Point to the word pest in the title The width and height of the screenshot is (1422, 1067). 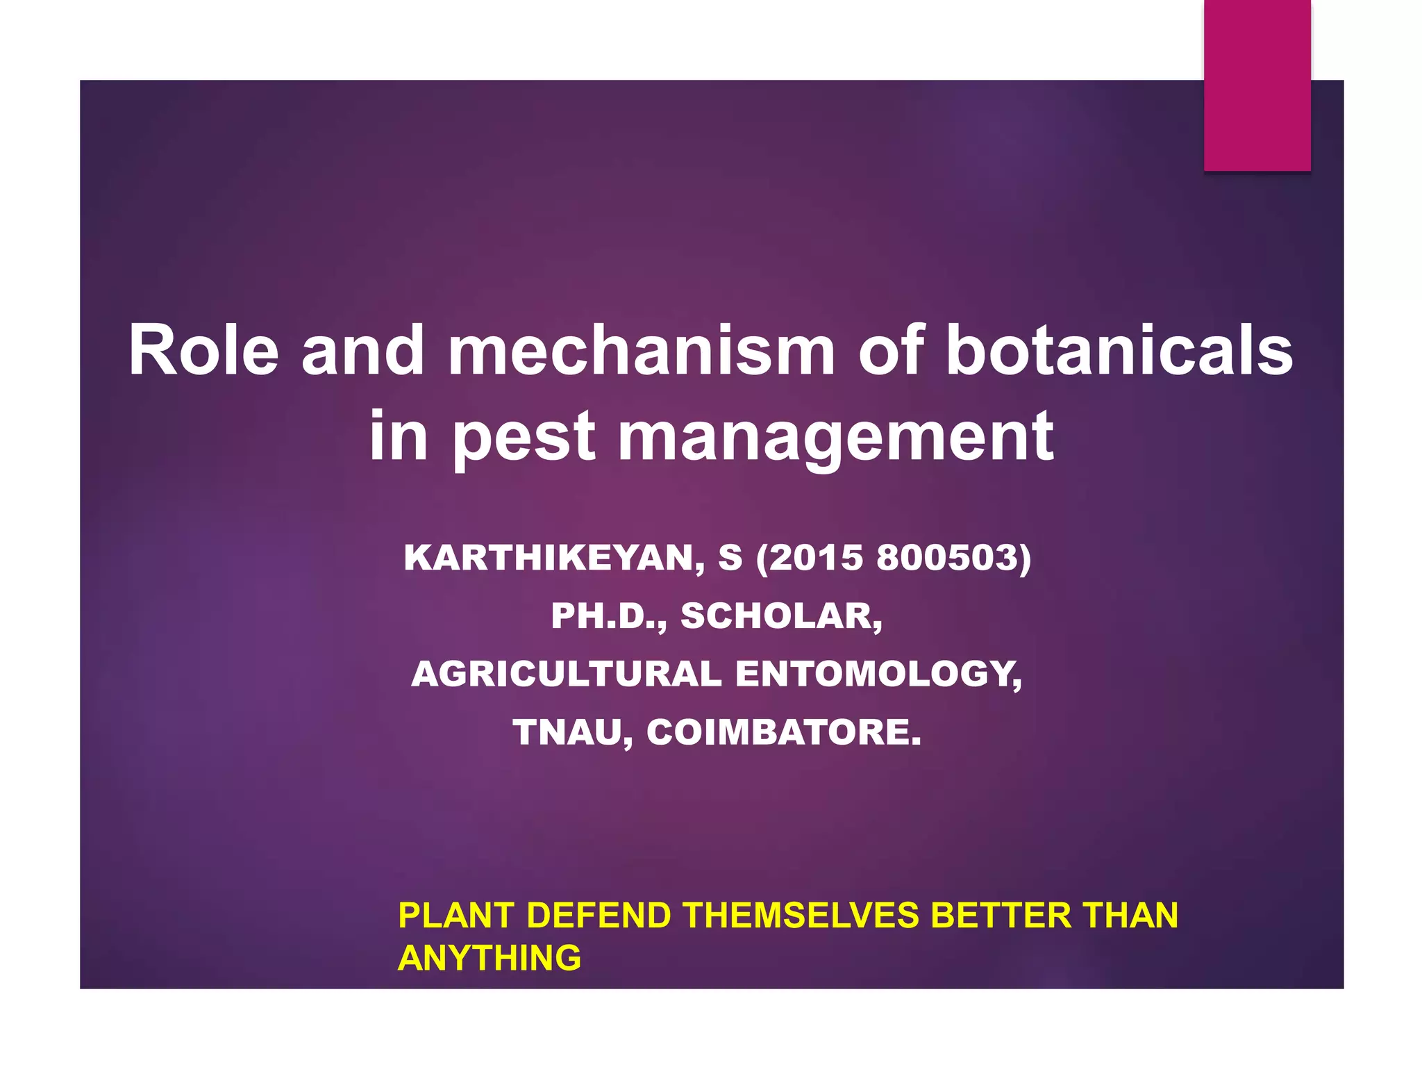point(524,438)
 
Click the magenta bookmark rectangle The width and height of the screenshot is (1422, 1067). point(1257,85)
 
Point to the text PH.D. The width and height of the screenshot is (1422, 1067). point(608,616)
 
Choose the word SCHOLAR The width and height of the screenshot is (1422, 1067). point(781,616)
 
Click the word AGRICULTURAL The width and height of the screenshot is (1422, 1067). point(567,675)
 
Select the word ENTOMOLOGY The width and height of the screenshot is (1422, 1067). point(878,675)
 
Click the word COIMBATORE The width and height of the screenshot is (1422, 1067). point(784,732)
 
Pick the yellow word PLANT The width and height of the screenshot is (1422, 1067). point(456,916)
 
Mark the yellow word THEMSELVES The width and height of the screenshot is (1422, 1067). point(801,916)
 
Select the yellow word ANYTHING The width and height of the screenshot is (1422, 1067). point(490,959)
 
